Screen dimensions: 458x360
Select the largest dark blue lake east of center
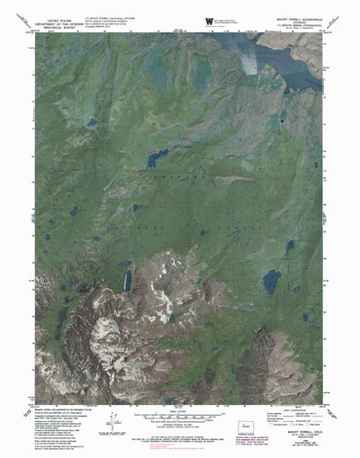[271, 283]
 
